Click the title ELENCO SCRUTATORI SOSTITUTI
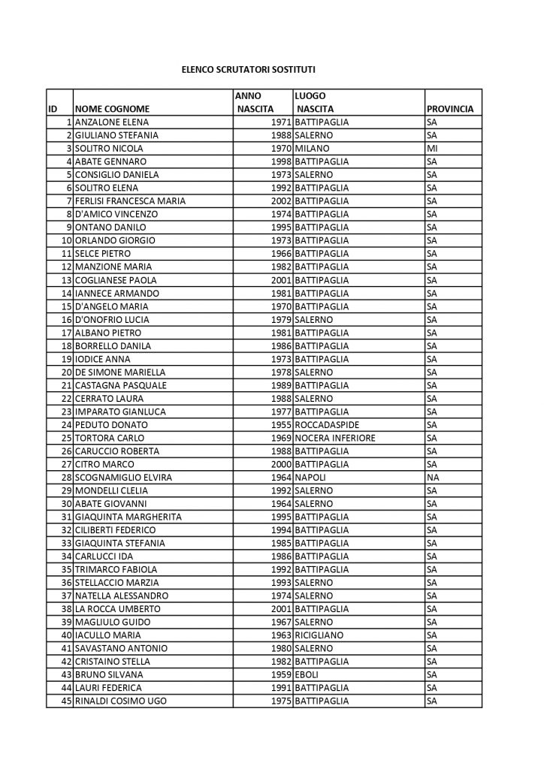[248, 69]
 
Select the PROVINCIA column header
[449, 109]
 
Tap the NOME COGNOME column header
[112, 109]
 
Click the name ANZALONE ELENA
[112, 122]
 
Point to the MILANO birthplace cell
[313, 148]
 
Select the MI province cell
[432, 148]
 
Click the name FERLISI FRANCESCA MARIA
[130, 201]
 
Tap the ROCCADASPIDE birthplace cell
[331, 424]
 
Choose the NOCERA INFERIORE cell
[336, 437]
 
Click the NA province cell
[432, 477]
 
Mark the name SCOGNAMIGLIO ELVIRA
[123, 477]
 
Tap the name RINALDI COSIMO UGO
[120, 701]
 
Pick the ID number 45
[66, 701]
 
